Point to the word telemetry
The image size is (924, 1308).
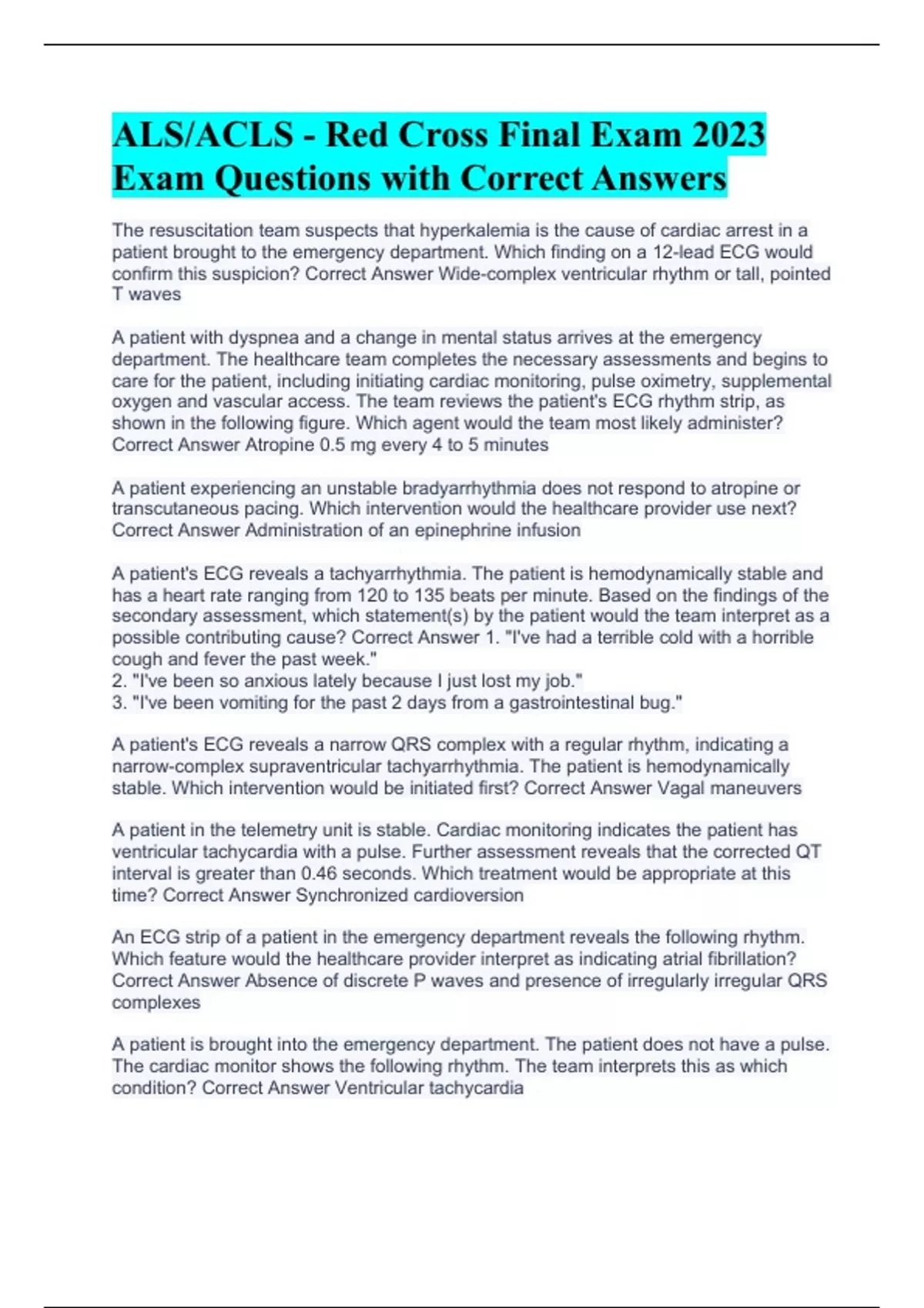[x=278, y=830]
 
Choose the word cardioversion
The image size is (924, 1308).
[x=468, y=895]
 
